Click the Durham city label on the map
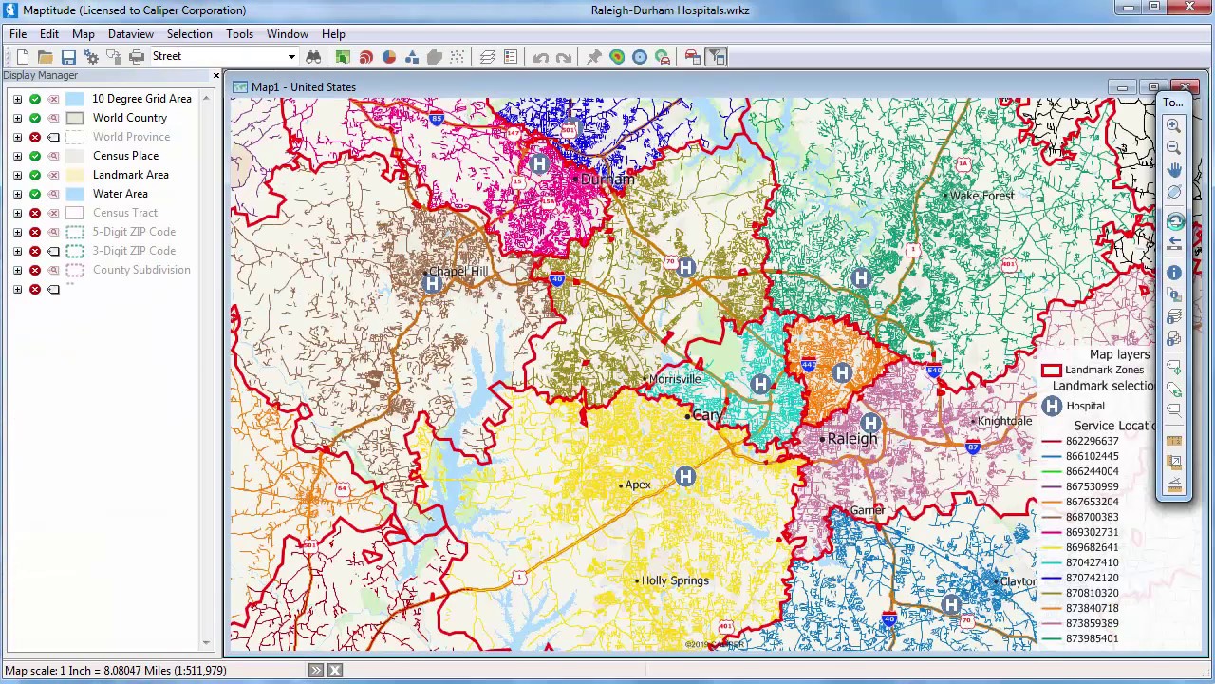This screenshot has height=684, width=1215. click(x=607, y=180)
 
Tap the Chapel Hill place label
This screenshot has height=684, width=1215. click(x=458, y=271)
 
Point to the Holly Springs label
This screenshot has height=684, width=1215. click(x=675, y=580)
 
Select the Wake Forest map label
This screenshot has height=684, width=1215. click(x=982, y=196)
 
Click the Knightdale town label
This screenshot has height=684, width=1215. click(x=1004, y=421)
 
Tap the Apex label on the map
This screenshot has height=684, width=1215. click(x=638, y=484)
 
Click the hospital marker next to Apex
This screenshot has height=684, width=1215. click(x=685, y=476)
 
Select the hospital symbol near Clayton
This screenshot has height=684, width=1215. click(x=951, y=605)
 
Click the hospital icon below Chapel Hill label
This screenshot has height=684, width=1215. click(x=433, y=284)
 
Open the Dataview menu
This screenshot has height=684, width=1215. click(x=130, y=34)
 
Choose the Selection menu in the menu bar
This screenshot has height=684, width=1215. click(x=190, y=34)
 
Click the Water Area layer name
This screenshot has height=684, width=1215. click(x=120, y=194)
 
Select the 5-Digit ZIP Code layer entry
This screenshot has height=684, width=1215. click(x=134, y=232)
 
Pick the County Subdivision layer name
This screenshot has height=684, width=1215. click(x=141, y=270)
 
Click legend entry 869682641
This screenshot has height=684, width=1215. click(x=1092, y=547)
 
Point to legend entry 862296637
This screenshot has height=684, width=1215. click(x=1092, y=441)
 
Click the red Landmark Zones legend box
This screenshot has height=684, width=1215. click(x=1051, y=370)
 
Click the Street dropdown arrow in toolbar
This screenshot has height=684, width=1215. click(x=291, y=57)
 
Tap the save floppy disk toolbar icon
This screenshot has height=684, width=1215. click(x=68, y=57)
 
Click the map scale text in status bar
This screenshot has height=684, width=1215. click(x=116, y=671)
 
